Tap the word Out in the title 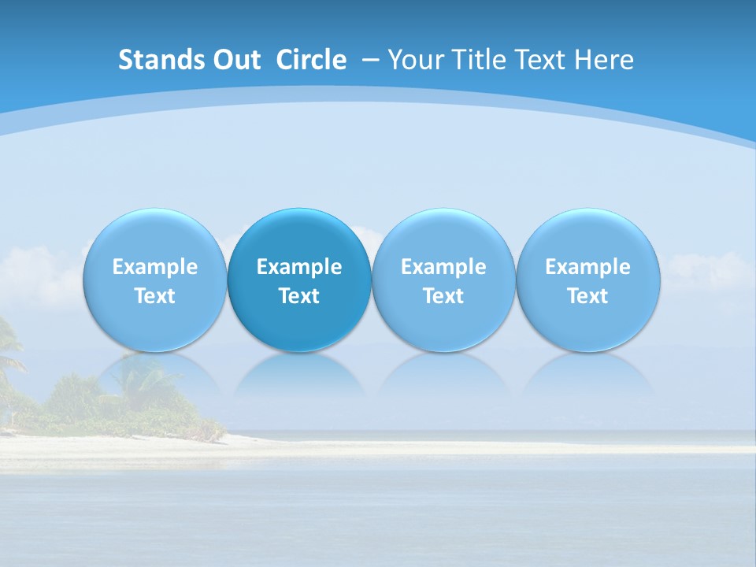pos(236,60)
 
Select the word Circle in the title pos(311,60)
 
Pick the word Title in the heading pos(472,60)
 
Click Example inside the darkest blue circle pos(299,267)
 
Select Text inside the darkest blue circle pos(299,296)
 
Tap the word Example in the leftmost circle pos(155,267)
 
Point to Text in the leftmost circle pos(155,296)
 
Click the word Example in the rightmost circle pos(587,267)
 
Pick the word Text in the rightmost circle pos(587,296)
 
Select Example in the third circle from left pos(443,267)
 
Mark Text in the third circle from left pos(443,296)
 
